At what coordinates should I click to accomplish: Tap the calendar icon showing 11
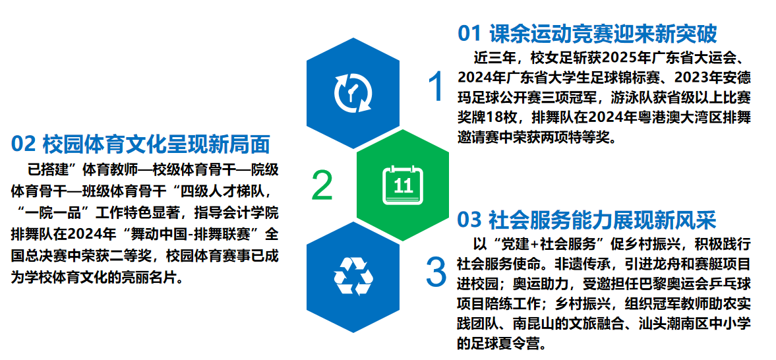click(x=402, y=185)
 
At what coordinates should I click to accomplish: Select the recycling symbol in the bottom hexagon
click(x=353, y=275)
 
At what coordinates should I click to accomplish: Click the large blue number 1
click(x=436, y=87)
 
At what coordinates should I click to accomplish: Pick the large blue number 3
click(x=436, y=272)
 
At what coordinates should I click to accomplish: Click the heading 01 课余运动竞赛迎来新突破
click(x=587, y=33)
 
